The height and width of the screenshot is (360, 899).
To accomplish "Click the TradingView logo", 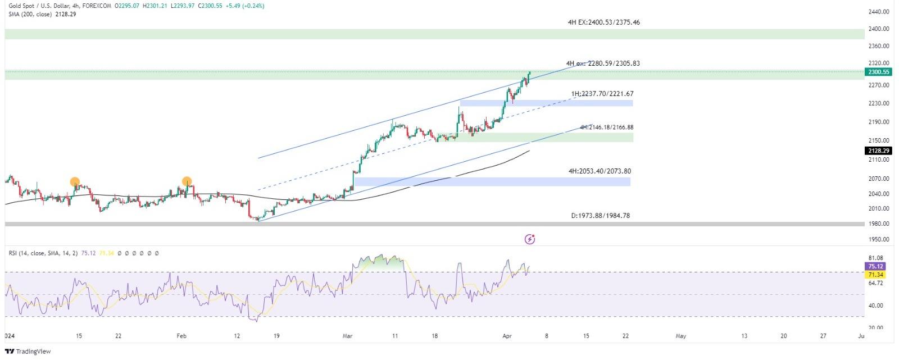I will [x=28, y=352].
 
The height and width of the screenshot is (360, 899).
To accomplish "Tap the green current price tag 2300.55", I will [x=878, y=72].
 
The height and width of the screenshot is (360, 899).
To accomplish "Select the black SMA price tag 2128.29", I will [x=878, y=151].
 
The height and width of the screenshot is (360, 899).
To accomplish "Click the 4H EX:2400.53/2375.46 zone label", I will [x=603, y=22].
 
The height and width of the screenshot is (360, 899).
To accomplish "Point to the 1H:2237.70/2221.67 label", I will [x=602, y=94].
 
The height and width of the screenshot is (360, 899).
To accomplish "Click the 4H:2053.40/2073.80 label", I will [x=599, y=171].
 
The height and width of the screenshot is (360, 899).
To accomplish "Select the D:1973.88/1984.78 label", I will [x=600, y=216].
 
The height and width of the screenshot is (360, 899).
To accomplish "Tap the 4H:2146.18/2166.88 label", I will [x=606, y=127].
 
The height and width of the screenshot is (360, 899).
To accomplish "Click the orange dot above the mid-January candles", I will [x=75, y=181].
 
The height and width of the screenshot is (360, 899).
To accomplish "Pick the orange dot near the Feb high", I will [x=187, y=181].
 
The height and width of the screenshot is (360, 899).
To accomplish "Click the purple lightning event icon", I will [x=529, y=240].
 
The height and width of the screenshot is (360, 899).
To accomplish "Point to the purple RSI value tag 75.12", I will [x=876, y=266].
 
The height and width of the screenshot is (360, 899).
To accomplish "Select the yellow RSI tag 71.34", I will [x=876, y=275].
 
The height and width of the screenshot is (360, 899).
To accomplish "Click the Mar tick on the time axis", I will [x=347, y=336].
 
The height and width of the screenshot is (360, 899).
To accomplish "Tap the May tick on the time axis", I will [x=680, y=336].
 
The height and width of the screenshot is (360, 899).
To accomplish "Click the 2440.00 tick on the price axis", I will [x=878, y=12].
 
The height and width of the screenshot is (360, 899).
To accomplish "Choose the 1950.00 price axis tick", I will [x=878, y=239].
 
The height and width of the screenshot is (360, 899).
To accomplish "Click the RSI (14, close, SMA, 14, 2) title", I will [x=43, y=253].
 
